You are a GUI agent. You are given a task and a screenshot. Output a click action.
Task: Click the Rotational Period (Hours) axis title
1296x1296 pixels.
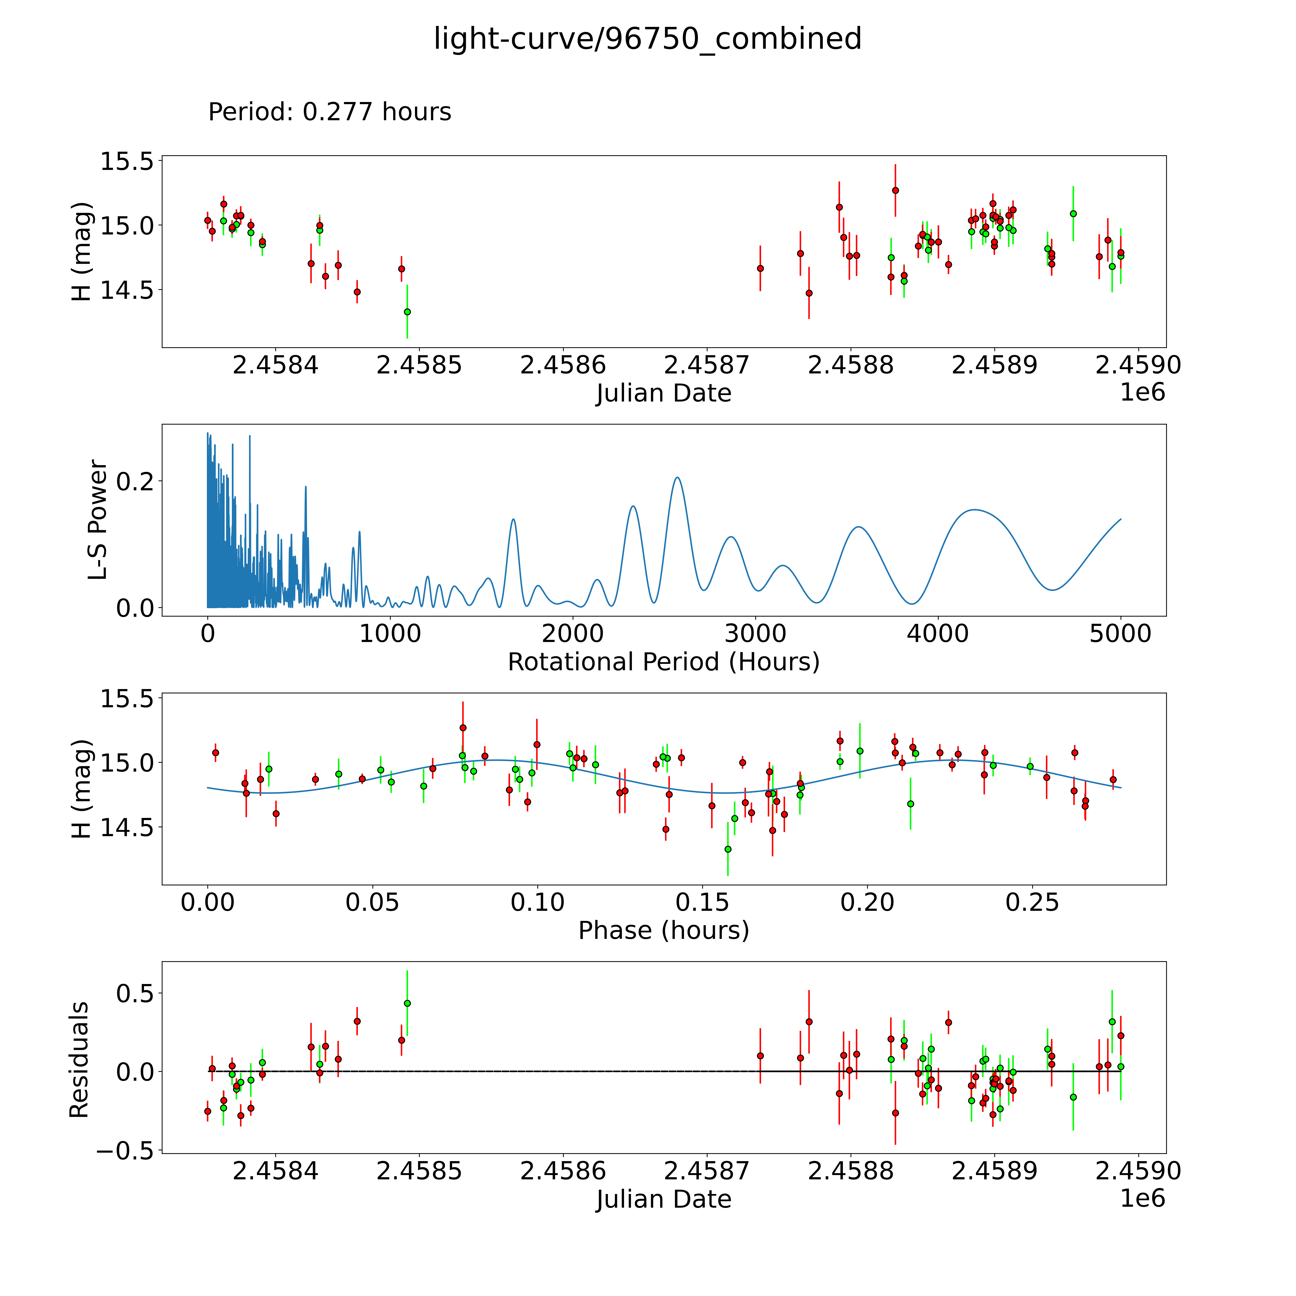click(x=663, y=662)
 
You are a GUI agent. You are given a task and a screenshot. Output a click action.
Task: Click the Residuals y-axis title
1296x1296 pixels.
click(x=79, y=1060)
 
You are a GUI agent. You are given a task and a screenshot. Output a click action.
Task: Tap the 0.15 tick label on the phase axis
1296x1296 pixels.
click(x=702, y=902)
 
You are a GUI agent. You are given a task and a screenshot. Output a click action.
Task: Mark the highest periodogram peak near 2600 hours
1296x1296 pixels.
click(x=678, y=478)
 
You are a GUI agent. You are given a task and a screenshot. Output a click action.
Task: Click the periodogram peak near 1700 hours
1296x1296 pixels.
click(x=513, y=519)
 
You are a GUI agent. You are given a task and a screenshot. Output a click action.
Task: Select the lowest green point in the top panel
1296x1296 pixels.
click(x=407, y=312)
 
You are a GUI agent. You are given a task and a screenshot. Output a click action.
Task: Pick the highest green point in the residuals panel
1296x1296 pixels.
click(x=407, y=1003)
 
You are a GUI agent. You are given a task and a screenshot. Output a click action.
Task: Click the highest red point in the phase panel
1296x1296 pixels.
click(x=463, y=728)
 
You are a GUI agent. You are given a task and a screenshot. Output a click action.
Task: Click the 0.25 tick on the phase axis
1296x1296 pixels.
click(x=1032, y=902)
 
